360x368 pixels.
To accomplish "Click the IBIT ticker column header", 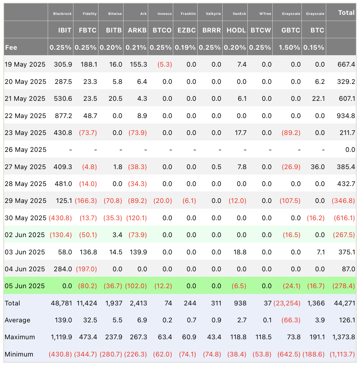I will pyautogui.click(x=65, y=30).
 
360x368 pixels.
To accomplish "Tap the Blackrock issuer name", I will pyautogui.click(x=62, y=14).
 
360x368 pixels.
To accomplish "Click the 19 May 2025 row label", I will pyautogui.click(x=25, y=65).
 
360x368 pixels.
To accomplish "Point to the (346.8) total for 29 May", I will pyautogui.click(x=343, y=201).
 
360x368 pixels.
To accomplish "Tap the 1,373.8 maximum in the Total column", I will pyautogui.click(x=343, y=337).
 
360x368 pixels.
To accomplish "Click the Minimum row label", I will pyautogui.click(x=19, y=354).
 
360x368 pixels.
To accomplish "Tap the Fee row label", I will pyautogui.click(x=11, y=48).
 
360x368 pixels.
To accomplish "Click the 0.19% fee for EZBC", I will pyautogui.click(x=186, y=48).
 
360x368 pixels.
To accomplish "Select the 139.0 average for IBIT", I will pyautogui.click(x=65, y=320).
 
